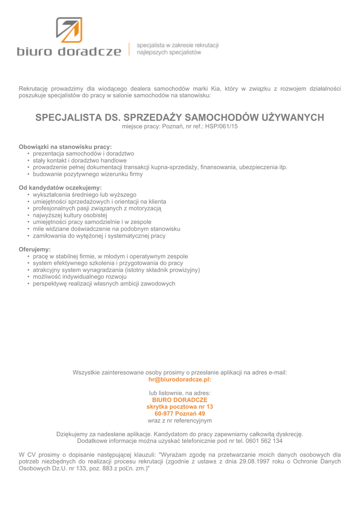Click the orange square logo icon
69,29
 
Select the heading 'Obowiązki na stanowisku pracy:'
65,147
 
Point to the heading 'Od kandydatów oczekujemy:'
60,188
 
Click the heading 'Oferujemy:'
35,249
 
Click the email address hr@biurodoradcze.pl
180,380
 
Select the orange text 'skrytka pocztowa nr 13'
180,406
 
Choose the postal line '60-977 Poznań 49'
180,413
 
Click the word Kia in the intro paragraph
216,88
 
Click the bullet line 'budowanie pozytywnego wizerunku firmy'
87,174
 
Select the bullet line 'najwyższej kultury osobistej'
70,215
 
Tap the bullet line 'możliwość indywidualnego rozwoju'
79,277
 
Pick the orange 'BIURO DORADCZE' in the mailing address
180,399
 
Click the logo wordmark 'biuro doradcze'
69,51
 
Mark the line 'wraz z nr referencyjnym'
180,420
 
